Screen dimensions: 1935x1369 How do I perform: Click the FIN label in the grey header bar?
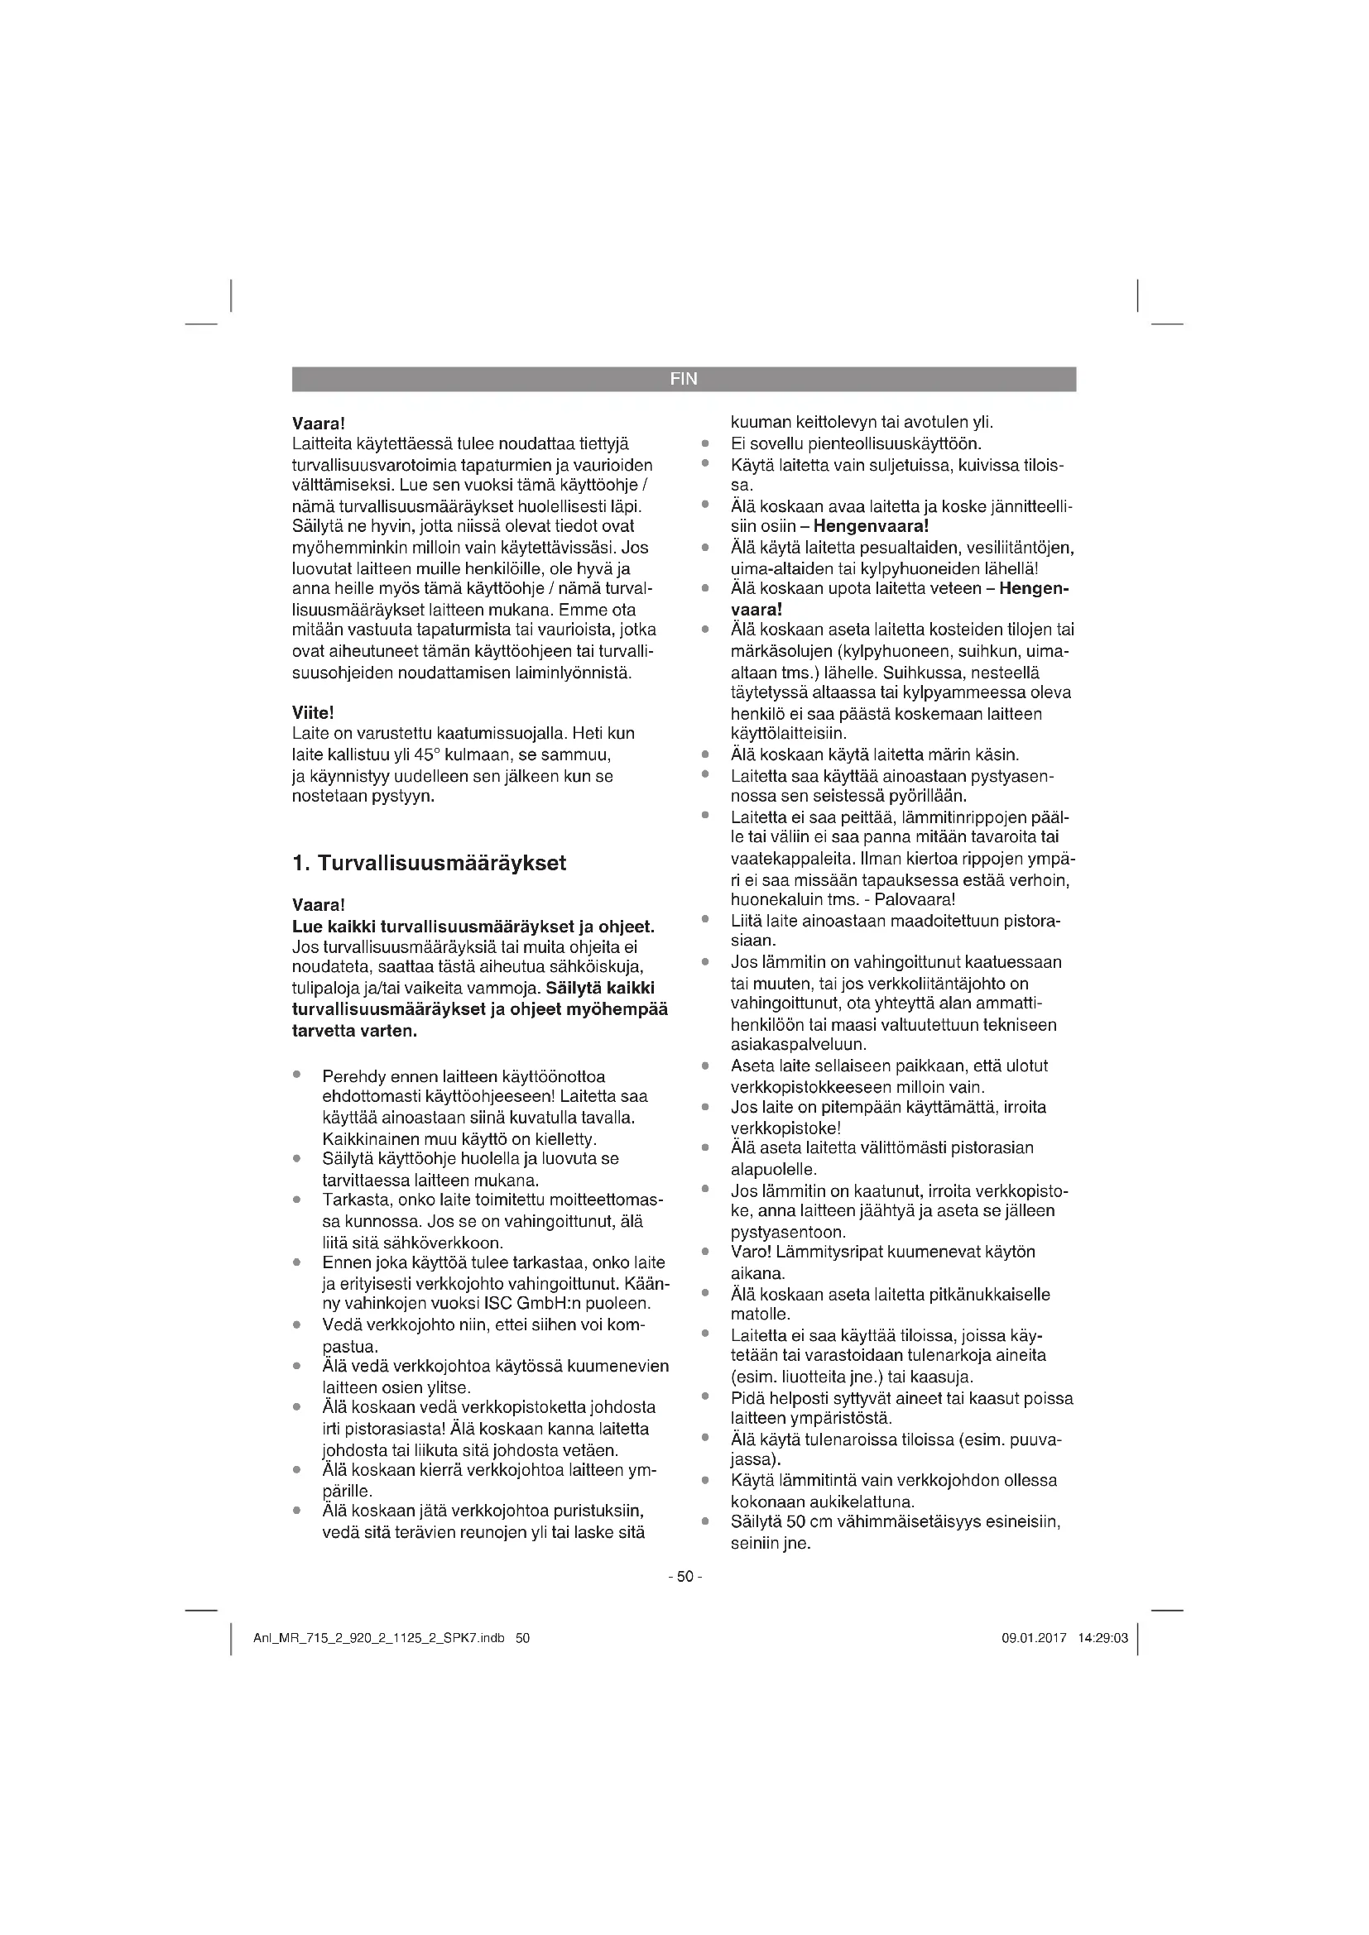pos(684,379)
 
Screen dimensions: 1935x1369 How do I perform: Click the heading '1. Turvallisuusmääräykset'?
pos(429,863)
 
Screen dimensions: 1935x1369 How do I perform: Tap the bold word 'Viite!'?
pos(313,713)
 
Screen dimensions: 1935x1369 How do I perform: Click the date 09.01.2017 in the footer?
pos(1035,1638)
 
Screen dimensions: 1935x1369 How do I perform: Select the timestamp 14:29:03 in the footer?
pos(1102,1638)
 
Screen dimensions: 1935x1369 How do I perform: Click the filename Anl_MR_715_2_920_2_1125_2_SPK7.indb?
pos(378,1638)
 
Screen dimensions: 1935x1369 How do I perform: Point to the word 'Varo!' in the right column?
pos(749,1252)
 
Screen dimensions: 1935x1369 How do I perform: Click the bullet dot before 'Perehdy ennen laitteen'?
pos(297,1075)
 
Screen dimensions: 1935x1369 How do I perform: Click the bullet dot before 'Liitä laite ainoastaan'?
pos(704,919)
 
